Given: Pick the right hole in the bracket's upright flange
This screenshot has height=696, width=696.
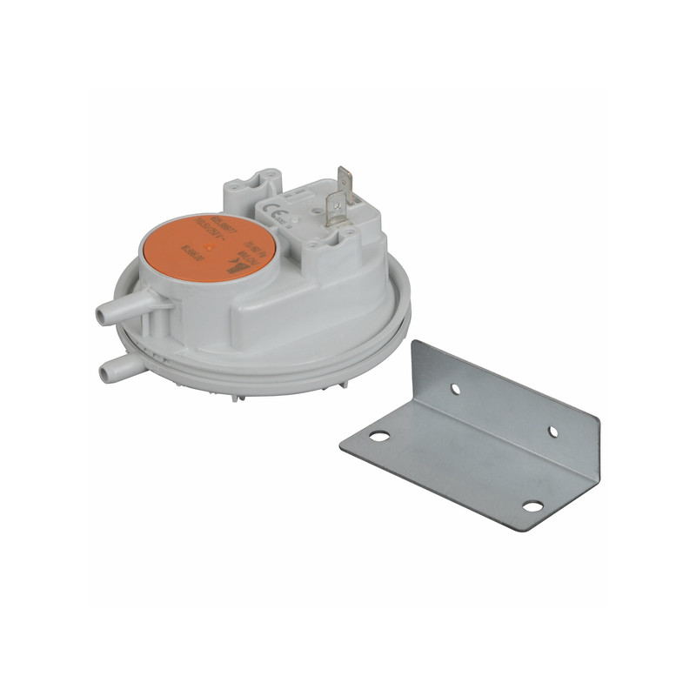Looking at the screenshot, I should coord(553,431).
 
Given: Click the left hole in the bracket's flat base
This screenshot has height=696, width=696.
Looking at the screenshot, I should coord(378,435).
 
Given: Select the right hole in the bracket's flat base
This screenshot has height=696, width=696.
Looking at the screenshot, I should coord(532,505).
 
